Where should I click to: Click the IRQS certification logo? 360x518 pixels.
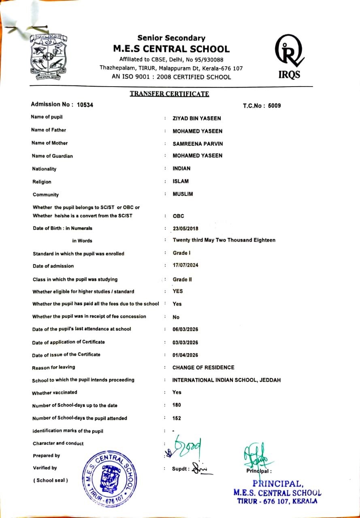click(x=289, y=57)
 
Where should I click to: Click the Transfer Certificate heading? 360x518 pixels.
click(x=169, y=94)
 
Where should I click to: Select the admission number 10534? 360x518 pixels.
click(x=85, y=104)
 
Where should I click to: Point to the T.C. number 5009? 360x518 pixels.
click(x=273, y=106)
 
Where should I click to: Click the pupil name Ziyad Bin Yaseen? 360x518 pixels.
click(x=197, y=119)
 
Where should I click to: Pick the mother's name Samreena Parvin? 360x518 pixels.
click(x=198, y=144)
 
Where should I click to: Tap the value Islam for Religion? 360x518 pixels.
click(x=181, y=181)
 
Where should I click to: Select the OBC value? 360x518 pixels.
click(x=178, y=216)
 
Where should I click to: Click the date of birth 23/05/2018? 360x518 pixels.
click(x=185, y=228)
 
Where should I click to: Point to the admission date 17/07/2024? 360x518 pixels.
click(x=185, y=265)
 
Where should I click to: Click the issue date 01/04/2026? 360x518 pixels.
click(x=185, y=355)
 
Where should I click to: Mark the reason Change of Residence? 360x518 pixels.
click(x=203, y=367)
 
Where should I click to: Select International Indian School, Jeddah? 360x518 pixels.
click(x=226, y=380)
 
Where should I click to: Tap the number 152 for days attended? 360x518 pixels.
click(x=177, y=418)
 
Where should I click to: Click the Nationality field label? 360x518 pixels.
click(x=44, y=169)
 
